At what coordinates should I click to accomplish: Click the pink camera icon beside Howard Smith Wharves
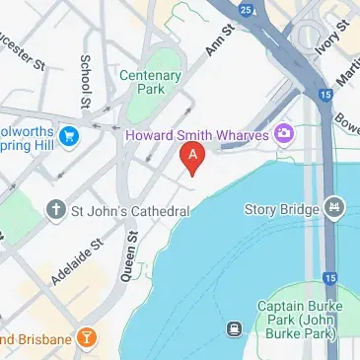pyautogui.click(x=284, y=131)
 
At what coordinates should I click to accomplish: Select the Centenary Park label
pyautogui.click(x=149, y=82)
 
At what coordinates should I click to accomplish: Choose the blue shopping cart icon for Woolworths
pyautogui.click(x=69, y=134)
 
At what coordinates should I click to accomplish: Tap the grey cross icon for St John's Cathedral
pyautogui.click(x=57, y=209)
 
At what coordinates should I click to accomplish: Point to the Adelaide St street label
pyautogui.click(x=77, y=257)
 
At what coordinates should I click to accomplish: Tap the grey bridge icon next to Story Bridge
pyautogui.click(x=335, y=208)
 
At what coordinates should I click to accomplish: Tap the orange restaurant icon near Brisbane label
pyautogui.click(x=88, y=338)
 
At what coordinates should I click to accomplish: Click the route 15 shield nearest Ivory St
pyautogui.click(x=325, y=95)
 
